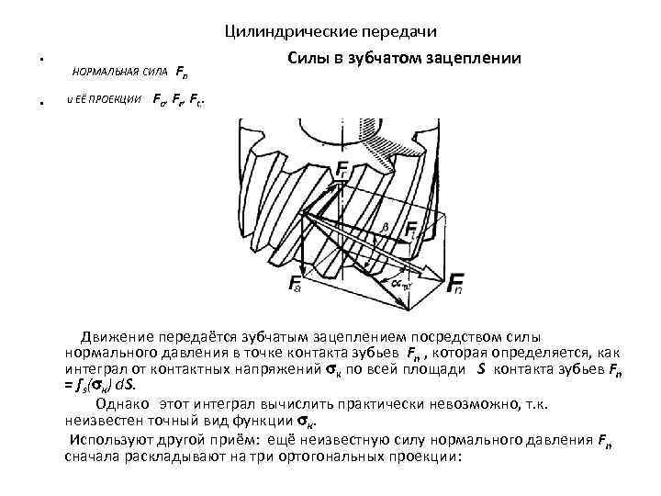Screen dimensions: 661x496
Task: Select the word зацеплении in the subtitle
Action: pos(474,57)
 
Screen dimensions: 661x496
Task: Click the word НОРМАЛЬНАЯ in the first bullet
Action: pos(100,72)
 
